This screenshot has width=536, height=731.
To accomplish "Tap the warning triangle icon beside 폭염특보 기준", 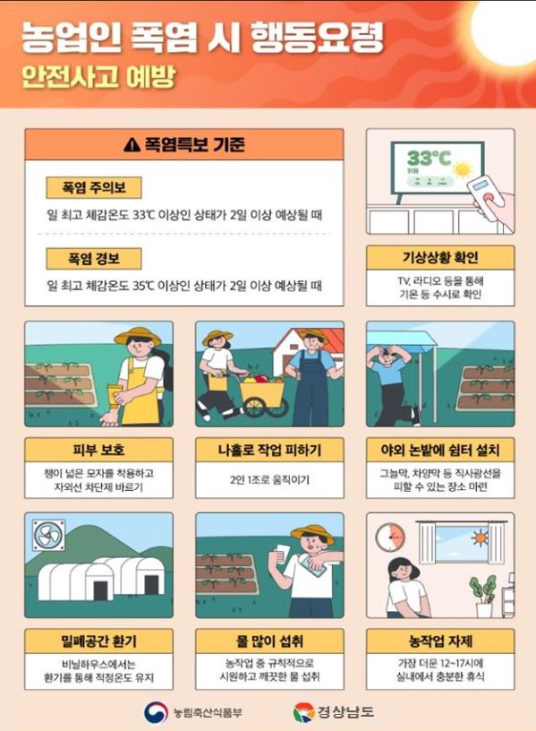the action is click(132, 144).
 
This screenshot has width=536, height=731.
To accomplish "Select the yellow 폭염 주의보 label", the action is click(94, 187).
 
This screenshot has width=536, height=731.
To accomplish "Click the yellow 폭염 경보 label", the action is click(94, 258).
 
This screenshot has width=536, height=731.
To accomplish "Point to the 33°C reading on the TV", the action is click(429, 159).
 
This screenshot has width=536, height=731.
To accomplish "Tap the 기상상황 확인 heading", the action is click(440, 257).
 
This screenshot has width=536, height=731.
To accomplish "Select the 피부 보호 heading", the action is click(98, 450).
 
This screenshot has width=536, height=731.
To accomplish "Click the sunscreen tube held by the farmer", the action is click(113, 394).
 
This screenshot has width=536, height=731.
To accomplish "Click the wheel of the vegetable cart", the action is click(256, 407).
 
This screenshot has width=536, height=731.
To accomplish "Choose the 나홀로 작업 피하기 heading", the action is click(269, 450).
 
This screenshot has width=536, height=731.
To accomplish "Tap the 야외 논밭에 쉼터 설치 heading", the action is click(440, 450).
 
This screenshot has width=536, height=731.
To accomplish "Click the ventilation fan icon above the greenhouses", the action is click(48, 535).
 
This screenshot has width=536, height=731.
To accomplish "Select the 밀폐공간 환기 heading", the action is click(98, 641).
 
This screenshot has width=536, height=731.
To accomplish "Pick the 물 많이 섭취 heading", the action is click(269, 641).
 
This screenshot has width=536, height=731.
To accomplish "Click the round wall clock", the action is click(390, 537).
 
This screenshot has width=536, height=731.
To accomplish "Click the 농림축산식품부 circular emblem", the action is click(156, 712).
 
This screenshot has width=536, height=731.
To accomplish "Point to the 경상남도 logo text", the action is click(346, 712).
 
